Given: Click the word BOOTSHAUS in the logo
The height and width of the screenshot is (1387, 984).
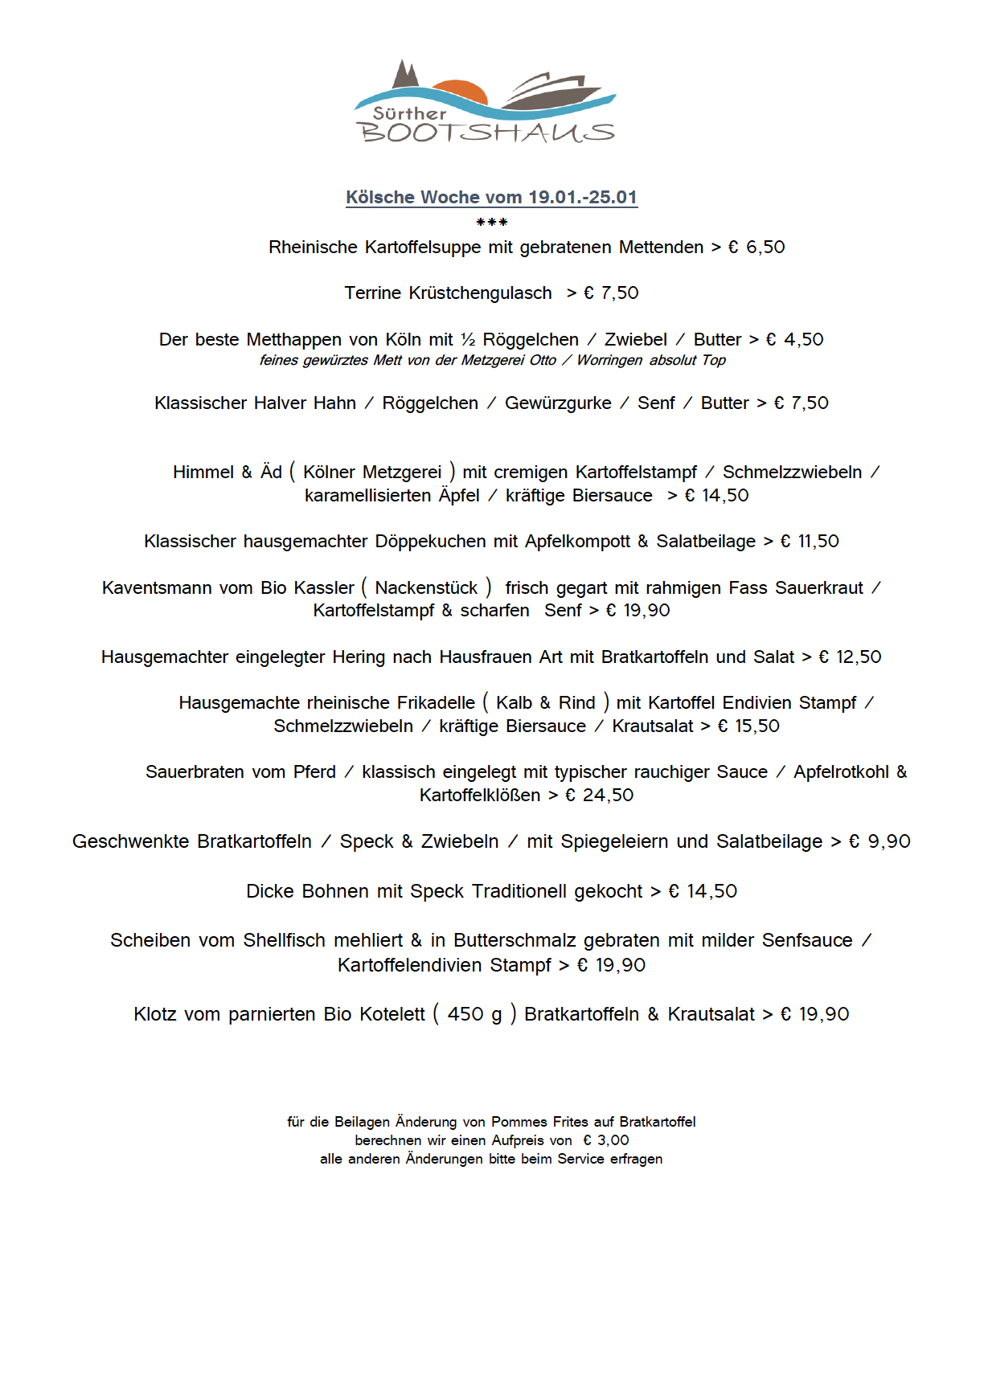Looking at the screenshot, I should pyautogui.click(x=486, y=133).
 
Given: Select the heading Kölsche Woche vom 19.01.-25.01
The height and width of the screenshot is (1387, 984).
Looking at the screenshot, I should pyautogui.click(x=491, y=197).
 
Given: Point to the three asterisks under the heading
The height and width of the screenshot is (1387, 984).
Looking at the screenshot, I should pyautogui.click(x=491, y=223).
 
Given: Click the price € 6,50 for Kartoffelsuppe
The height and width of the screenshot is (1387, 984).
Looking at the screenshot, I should pyautogui.click(x=756, y=247).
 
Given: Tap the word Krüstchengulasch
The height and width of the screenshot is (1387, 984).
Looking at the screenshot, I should pyautogui.click(x=480, y=293).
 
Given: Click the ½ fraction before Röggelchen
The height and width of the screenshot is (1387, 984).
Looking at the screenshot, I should pyautogui.click(x=468, y=339).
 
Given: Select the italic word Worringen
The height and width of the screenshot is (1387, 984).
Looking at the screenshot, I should pyautogui.click(x=609, y=360).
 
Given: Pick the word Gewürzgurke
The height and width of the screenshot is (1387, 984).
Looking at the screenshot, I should pyautogui.click(x=557, y=403).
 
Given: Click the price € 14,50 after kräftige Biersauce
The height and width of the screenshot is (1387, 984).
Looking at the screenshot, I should pyautogui.click(x=716, y=495).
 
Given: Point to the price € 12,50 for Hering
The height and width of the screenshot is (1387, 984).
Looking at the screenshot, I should pyautogui.click(x=850, y=657).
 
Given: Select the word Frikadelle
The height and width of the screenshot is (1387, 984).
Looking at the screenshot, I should pyautogui.click(x=435, y=702).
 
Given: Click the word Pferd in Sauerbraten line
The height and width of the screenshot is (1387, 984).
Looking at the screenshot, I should pyautogui.click(x=314, y=771).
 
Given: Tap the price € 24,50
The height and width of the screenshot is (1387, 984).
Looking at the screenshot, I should pyautogui.click(x=599, y=795).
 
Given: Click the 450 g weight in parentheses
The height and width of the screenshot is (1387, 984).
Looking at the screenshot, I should pyautogui.click(x=474, y=1014).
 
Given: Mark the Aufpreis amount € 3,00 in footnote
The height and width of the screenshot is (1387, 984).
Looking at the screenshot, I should pyautogui.click(x=606, y=1139).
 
